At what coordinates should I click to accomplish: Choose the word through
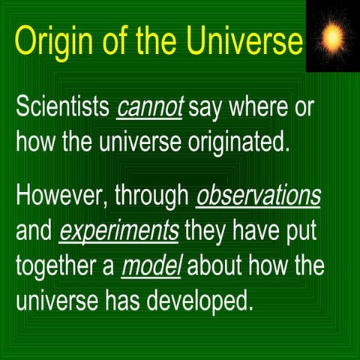tap(153, 196)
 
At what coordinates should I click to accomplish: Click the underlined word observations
tap(258, 196)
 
